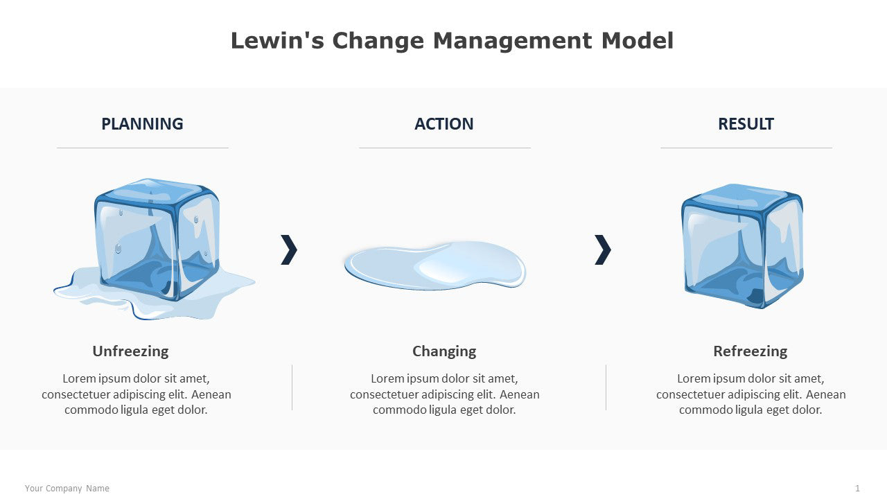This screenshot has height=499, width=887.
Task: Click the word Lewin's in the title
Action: (277, 41)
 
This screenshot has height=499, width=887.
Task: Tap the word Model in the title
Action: (637, 41)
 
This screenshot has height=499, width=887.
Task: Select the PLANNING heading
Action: (142, 124)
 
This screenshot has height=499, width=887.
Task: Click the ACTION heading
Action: (444, 124)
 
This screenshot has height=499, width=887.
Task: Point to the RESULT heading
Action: (746, 124)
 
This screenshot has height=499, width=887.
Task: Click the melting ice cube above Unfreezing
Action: (155, 249)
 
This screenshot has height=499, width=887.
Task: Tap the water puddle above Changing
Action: (435, 265)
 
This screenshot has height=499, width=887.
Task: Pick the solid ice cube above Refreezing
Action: (742, 246)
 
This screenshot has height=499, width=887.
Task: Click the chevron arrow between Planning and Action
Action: (289, 249)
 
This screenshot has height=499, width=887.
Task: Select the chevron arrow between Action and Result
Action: (603, 249)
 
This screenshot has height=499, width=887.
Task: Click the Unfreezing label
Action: (131, 351)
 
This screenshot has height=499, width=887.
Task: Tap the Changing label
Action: (444, 351)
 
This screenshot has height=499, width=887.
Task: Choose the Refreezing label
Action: (750, 351)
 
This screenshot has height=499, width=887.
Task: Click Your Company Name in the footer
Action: (67, 489)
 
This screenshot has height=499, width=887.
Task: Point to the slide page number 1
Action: (857, 489)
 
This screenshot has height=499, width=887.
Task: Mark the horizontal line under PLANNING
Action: (143, 148)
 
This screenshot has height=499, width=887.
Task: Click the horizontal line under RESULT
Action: (746, 148)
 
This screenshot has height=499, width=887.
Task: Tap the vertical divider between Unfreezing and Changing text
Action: (292, 387)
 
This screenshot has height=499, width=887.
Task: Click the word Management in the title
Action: (513, 42)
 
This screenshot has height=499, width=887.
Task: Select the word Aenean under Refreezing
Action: (826, 394)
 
